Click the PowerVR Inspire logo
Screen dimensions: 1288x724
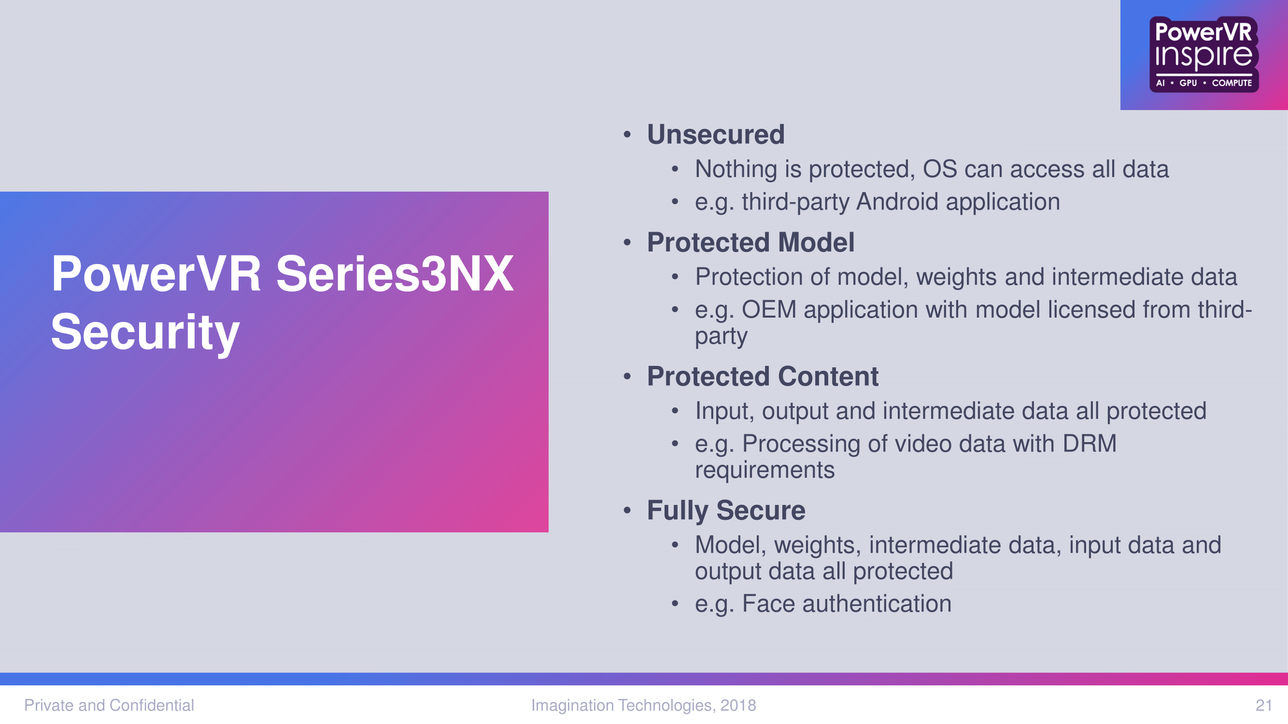pos(1203,55)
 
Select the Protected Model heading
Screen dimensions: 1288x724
pos(750,242)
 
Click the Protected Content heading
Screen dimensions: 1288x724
pos(763,376)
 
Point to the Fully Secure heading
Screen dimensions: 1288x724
pos(726,511)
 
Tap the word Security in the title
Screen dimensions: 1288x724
pos(145,332)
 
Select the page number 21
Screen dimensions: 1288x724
pos(1263,705)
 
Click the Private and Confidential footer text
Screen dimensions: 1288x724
pos(109,705)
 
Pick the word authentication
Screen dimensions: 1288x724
pos(877,604)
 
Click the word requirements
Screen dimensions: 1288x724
pos(765,471)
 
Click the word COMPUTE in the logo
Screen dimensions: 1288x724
pos(1232,83)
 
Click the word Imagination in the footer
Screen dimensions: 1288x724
pos(572,705)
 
